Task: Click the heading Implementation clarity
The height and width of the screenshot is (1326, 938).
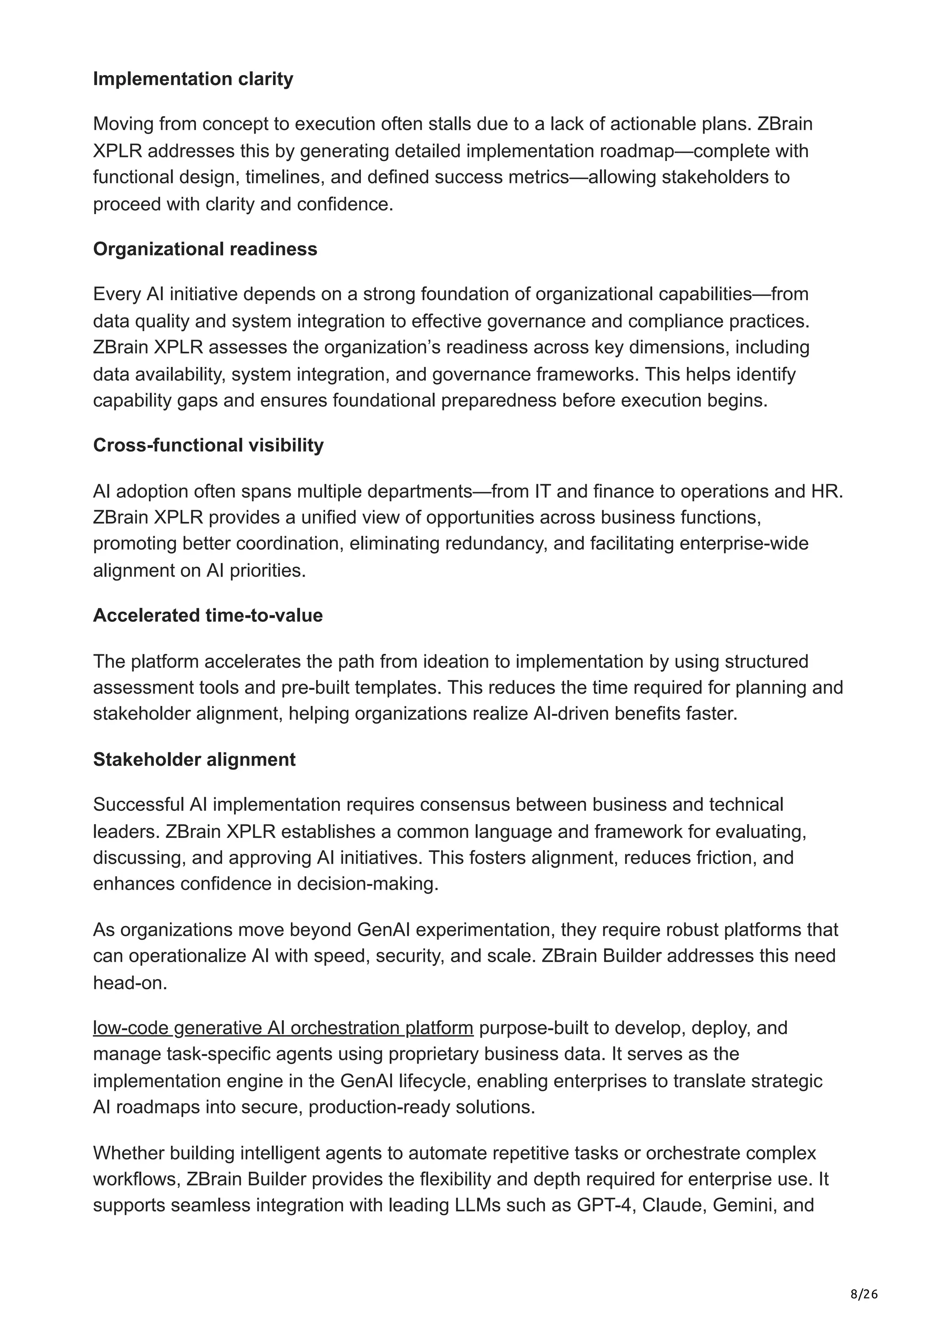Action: click(193, 79)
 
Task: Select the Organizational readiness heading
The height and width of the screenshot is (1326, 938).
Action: click(205, 249)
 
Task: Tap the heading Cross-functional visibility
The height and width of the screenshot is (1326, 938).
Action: click(208, 445)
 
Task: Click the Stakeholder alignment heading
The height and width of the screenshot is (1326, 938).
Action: click(194, 759)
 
